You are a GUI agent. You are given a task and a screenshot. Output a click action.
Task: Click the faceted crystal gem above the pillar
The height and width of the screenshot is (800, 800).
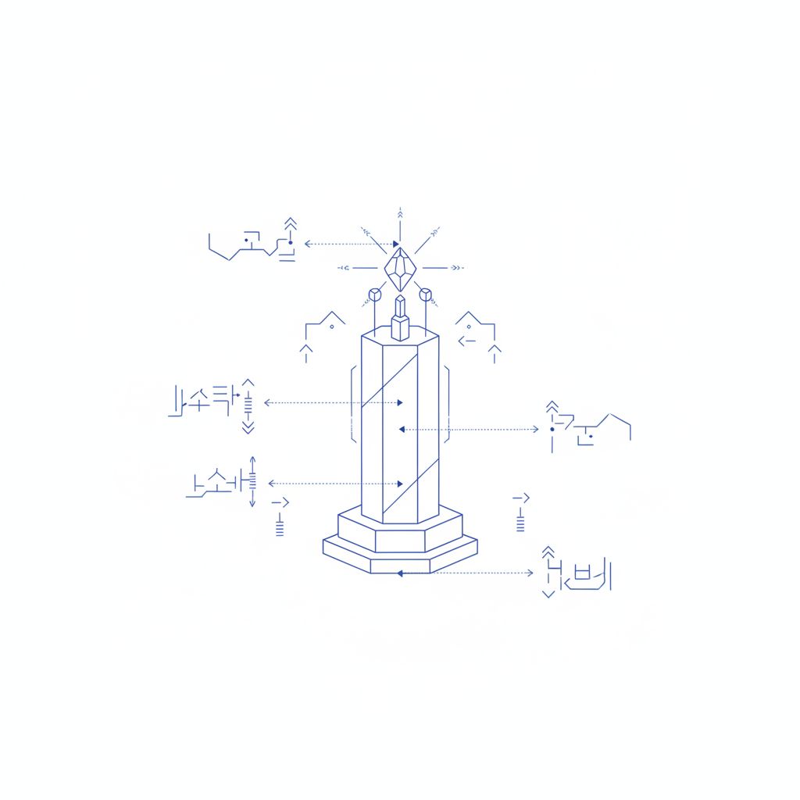coord(399,270)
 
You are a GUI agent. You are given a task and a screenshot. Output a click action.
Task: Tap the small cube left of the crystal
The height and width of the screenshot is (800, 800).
coord(374,295)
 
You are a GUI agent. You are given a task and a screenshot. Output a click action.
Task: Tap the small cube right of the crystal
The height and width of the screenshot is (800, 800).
coord(425,295)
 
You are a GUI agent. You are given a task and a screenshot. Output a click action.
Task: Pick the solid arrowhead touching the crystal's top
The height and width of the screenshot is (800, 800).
coord(396,244)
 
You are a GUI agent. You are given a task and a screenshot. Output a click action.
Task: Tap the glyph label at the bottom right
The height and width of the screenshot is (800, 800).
coord(576,574)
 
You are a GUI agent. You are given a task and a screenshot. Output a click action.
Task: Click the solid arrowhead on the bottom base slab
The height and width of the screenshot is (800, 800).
coord(399,573)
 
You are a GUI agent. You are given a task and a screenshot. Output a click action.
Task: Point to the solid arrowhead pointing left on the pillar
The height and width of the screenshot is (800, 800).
coord(402,429)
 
